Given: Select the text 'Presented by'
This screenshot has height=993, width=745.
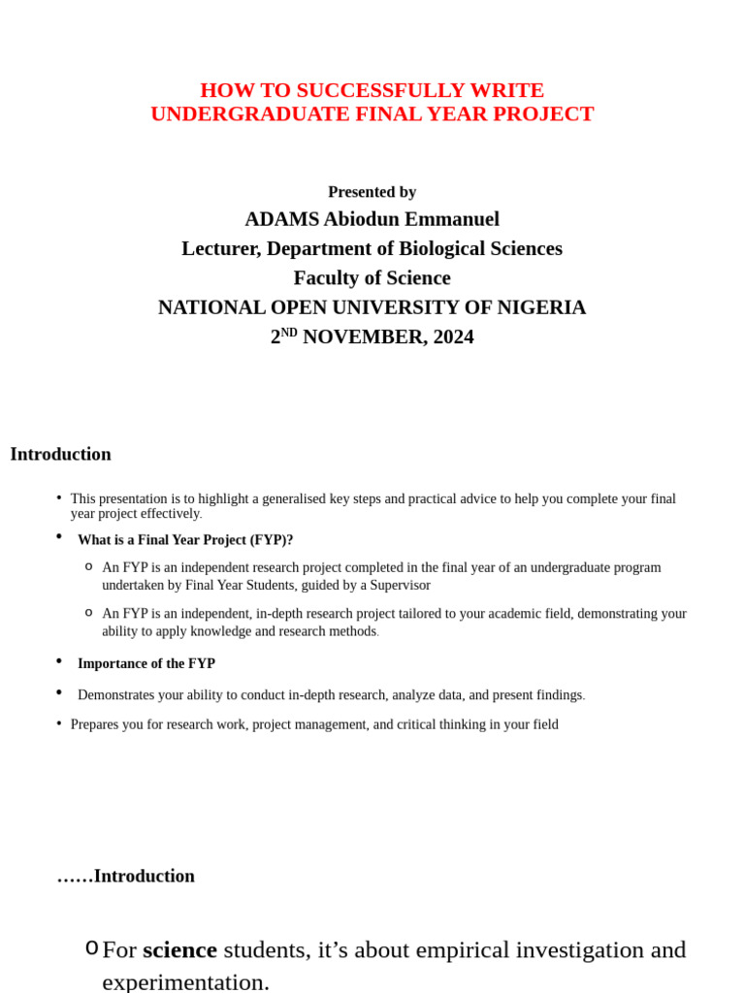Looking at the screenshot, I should pos(372,192).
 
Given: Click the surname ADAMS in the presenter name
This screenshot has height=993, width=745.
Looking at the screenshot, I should pos(280,219).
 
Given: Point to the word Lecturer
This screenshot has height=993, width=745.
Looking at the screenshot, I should pos(220,248).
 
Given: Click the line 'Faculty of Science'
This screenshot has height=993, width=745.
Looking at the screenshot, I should pos(372,278).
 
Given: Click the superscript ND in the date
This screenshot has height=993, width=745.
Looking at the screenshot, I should pos(289,333).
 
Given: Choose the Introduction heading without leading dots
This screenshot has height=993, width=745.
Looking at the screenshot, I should pos(60,454).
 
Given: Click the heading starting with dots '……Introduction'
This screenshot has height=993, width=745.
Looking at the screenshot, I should pos(125,876).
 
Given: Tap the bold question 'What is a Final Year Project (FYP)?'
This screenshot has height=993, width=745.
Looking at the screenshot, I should pos(185,540).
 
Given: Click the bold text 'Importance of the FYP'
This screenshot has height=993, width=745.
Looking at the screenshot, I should pos(146,664).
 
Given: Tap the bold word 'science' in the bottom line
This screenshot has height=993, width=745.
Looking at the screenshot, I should pos(179,950).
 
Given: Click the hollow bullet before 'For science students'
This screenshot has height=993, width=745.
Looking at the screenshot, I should pos(91,948).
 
